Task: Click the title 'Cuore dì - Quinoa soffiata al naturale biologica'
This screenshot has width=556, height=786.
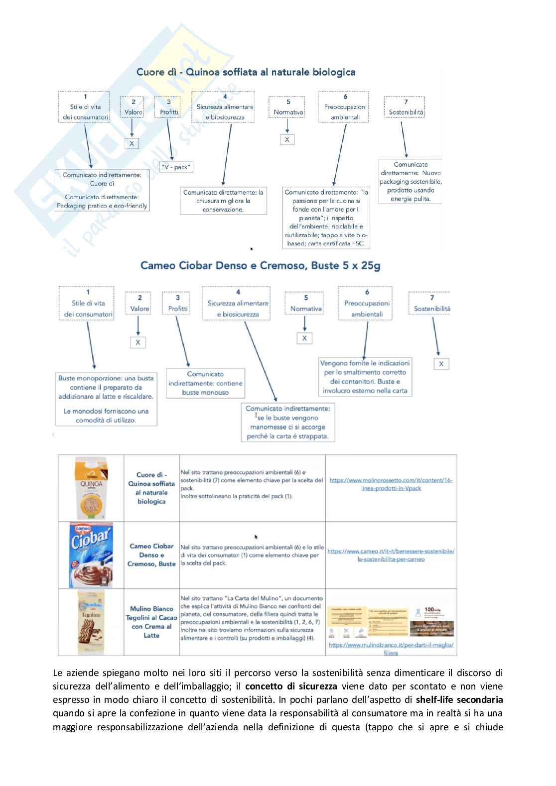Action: point(246,72)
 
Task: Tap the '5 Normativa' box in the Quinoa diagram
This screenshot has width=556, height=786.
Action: point(288,108)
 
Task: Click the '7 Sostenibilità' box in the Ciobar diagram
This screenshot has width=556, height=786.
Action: point(431,304)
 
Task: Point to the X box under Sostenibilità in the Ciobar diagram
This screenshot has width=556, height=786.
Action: point(441,364)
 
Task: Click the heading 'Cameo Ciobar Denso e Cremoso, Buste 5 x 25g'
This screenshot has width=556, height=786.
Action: point(260,265)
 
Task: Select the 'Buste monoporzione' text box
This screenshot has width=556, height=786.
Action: point(106,399)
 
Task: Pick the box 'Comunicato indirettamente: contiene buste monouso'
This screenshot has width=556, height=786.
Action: point(205,383)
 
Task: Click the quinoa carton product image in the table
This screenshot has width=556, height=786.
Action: point(91,488)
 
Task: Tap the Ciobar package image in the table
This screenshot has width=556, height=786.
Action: point(91,555)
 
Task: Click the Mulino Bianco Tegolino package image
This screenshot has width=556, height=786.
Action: point(91,622)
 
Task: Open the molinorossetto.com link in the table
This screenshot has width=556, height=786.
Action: point(391,484)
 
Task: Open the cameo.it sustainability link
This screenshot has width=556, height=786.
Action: point(391,555)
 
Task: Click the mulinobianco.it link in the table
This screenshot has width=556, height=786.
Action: point(391,648)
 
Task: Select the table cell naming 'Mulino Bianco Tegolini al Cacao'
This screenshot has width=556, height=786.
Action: point(151,622)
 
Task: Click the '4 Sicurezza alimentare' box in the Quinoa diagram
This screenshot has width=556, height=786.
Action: point(225,107)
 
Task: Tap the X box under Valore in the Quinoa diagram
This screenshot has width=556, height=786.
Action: point(132,143)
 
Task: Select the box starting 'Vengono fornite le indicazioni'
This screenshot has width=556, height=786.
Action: point(365,377)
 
